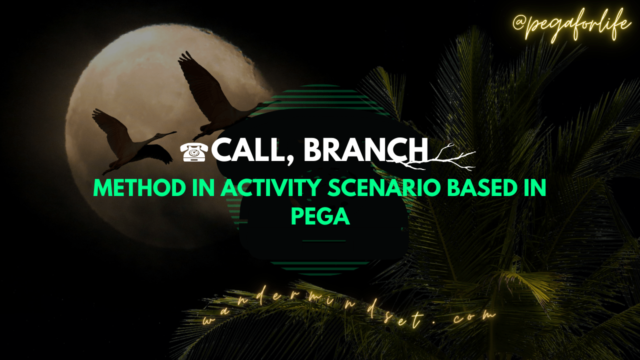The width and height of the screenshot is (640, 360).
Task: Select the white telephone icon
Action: click(x=194, y=152)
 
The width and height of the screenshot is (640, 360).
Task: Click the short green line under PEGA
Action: click(x=323, y=241)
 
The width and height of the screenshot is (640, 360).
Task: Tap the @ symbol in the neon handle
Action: click(x=520, y=23)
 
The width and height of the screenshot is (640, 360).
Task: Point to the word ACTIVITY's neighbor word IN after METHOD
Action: click(x=203, y=187)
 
